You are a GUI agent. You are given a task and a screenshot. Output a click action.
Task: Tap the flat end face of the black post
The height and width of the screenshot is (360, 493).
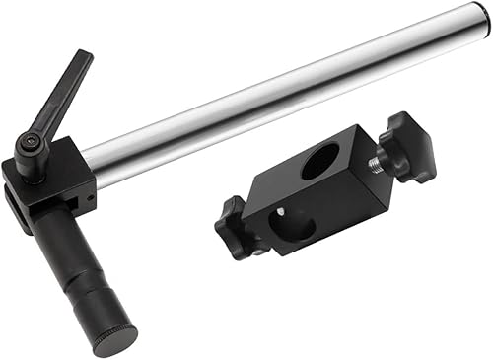[x=117, y=341]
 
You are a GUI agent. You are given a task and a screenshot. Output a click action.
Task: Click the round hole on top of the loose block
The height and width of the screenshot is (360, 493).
[x=318, y=160]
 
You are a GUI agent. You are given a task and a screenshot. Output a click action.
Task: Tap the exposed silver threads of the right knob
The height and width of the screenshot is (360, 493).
[x=376, y=163]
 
